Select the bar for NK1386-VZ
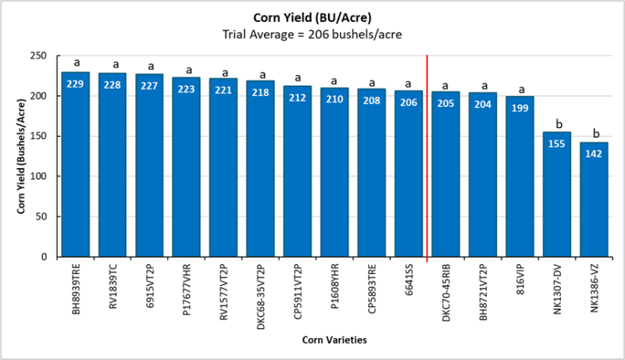(593, 203)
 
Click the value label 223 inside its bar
(187, 89)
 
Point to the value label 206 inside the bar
(409, 102)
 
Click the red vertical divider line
(427, 156)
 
